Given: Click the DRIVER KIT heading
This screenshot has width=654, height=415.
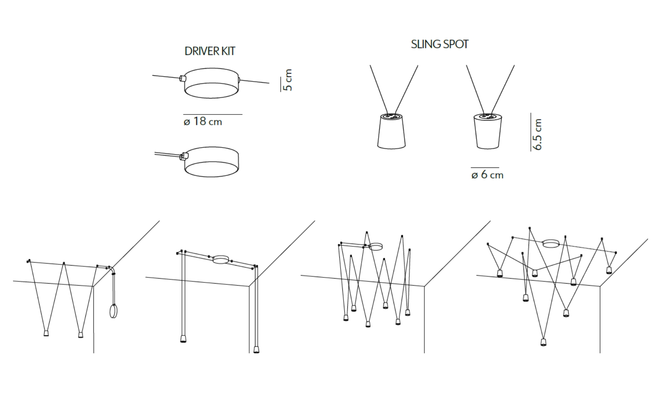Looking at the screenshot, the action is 210,51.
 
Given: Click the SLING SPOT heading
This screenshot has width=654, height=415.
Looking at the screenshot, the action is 440,44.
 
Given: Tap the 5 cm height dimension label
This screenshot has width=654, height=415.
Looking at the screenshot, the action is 288,80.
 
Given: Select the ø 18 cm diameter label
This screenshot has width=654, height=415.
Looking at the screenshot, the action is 203,121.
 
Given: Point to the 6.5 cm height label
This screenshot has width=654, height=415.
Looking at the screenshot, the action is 537,134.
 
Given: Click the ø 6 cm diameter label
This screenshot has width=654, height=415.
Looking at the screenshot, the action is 487,174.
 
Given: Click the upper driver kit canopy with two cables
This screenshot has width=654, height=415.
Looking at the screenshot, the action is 211,83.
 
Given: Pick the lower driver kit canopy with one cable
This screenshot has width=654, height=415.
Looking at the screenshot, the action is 211,162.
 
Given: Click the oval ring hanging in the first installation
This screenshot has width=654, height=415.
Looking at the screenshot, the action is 113,311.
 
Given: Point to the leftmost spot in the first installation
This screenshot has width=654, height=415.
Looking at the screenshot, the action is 46,333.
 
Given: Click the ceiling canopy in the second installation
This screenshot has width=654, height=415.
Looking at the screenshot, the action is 221,259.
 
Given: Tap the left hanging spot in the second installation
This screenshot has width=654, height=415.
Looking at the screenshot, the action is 183,339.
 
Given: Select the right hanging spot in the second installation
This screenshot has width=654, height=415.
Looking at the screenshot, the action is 256,349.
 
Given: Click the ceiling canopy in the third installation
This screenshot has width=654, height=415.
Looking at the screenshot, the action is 376,247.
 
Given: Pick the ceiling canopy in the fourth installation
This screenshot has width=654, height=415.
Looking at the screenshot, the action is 551,244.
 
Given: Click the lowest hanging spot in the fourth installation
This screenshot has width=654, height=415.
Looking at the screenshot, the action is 543,342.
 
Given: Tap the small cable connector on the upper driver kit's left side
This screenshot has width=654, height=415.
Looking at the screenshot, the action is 182,78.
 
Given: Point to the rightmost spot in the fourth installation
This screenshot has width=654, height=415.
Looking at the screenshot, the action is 609,270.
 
